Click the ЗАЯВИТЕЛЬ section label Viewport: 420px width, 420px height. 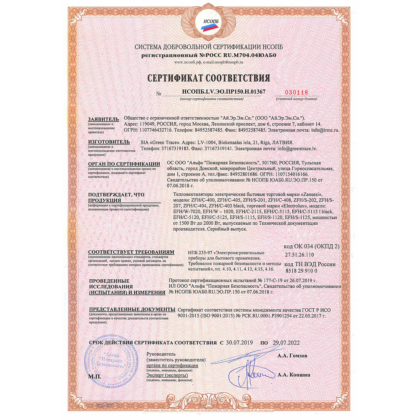[101, 119]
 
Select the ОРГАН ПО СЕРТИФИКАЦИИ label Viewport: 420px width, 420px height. [123, 163]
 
